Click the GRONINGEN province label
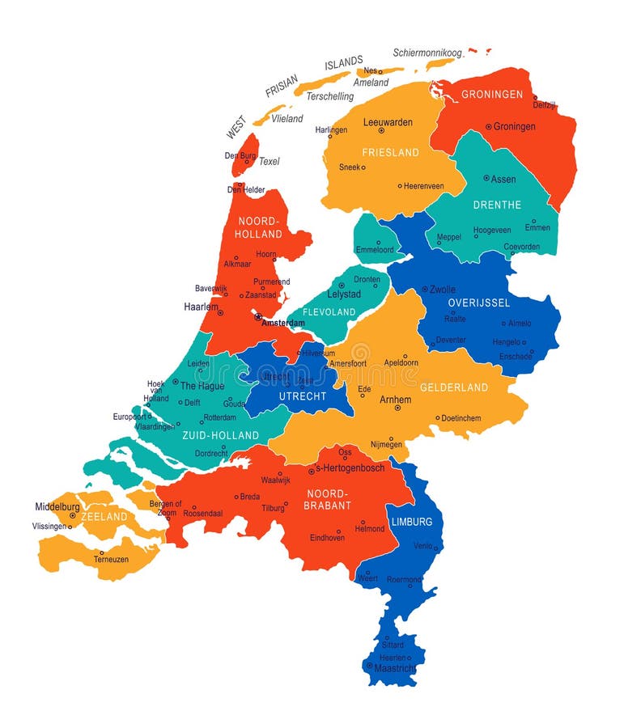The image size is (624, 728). [x=492, y=95]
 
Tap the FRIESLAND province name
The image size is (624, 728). [x=390, y=152]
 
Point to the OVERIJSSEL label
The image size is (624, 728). [x=479, y=303]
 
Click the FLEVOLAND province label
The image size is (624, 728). [x=329, y=311]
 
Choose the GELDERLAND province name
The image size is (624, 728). [x=454, y=387]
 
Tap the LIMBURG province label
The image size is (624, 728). [x=413, y=522]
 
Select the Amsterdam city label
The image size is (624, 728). [x=283, y=323]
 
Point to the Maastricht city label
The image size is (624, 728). [x=395, y=668]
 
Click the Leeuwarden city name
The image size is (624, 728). [x=388, y=123]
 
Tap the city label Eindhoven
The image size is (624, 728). [x=327, y=537]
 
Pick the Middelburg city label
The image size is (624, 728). [x=57, y=507]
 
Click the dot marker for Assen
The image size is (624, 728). [x=486, y=178]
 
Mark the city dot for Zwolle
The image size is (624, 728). [x=425, y=289]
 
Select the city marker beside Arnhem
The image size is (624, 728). [x=397, y=408]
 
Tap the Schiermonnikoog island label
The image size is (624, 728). [x=427, y=53]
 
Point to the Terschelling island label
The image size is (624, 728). [x=329, y=96]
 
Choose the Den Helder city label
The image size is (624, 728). [x=246, y=190]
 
